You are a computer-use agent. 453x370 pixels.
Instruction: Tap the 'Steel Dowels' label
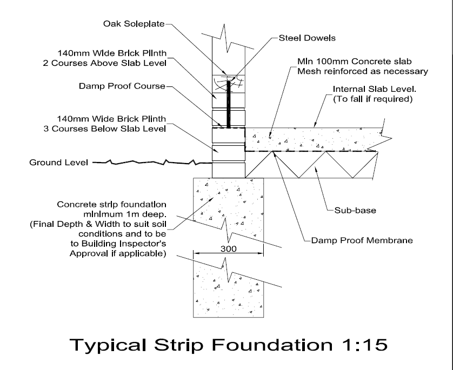(x=307, y=38)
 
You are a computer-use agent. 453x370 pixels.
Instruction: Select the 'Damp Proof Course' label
(x=121, y=86)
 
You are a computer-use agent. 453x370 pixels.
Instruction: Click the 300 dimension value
(x=228, y=250)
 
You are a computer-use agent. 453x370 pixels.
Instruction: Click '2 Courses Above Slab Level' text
(x=104, y=63)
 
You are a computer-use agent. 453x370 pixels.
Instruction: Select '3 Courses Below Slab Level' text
(x=104, y=129)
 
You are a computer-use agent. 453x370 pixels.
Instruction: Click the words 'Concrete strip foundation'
(x=111, y=205)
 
